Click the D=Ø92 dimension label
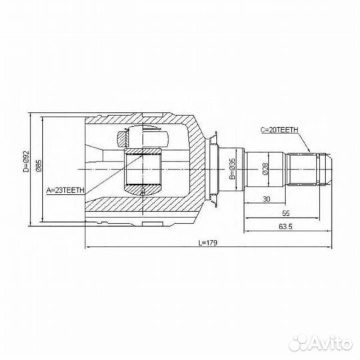click(x=27, y=161)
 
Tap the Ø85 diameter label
click(x=39, y=166)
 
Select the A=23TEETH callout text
click(x=65, y=190)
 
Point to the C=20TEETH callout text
click(x=279, y=130)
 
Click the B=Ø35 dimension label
click(x=232, y=169)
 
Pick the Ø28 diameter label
click(x=265, y=169)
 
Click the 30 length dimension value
click(x=266, y=199)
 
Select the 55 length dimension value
click(x=286, y=213)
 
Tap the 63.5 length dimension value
click(x=285, y=227)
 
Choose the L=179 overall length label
click(x=208, y=243)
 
